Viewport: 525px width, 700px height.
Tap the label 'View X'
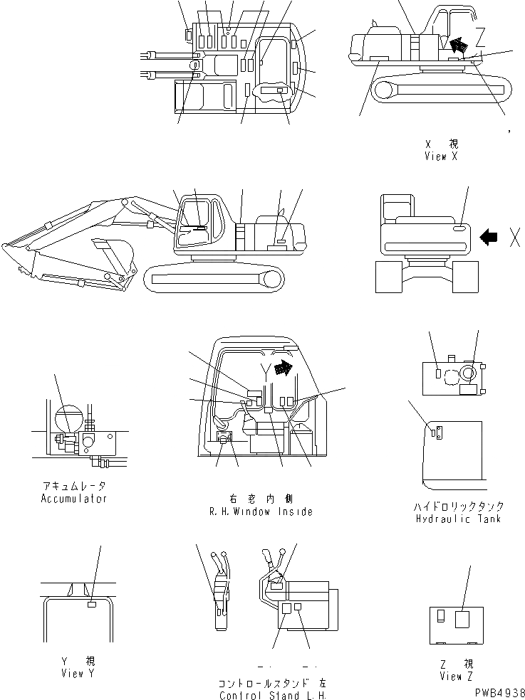[x=440, y=157]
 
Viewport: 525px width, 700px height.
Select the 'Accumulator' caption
[x=74, y=499]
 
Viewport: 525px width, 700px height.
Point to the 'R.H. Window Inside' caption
[x=261, y=511]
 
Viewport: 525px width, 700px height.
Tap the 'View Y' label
[x=73, y=673]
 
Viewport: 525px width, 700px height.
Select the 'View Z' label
[x=457, y=676]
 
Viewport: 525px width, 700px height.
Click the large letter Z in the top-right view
[x=481, y=35]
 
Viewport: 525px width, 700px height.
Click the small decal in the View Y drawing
[x=90, y=604]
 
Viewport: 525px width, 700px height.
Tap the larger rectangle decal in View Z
[x=463, y=620]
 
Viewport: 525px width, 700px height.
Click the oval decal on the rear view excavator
[x=460, y=228]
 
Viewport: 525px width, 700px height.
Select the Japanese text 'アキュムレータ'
[x=74, y=487]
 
